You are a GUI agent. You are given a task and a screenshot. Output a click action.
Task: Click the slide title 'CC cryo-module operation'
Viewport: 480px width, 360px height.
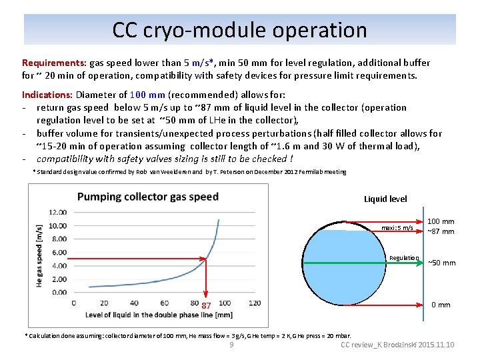click(x=239, y=30)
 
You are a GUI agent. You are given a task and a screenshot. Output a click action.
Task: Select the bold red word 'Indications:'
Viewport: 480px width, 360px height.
click(x=48, y=95)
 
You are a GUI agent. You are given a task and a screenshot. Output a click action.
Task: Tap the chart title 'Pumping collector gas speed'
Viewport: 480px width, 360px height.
click(x=147, y=197)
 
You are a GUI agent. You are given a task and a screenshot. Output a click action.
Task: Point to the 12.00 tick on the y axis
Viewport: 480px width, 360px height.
click(x=58, y=212)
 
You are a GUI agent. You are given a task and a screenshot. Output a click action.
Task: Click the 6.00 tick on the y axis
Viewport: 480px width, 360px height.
click(x=59, y=252)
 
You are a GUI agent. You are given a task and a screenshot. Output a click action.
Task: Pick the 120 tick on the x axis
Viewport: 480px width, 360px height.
click(x=255, y=303)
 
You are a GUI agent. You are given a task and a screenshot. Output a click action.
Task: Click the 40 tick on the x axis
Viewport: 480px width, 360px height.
click(x=134, y=303)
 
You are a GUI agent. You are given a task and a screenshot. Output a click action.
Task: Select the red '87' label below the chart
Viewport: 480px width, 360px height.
click(x=207, y=305)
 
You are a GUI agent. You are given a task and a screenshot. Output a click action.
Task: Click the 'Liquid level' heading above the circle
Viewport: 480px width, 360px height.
click(x=385, y=199)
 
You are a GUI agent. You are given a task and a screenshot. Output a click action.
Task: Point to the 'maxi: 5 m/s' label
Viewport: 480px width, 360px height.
click(x=397, y=228)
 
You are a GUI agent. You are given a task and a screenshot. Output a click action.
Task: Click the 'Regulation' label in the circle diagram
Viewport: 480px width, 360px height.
click(x=404, y=258)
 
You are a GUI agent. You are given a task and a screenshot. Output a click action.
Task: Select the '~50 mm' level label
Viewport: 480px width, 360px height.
click(x=441, y=263)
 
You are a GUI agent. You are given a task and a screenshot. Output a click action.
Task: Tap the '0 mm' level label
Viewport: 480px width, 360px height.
click(x=441, y=305)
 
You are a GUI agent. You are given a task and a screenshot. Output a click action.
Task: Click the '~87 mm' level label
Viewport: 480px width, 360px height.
click(x=441, y=231)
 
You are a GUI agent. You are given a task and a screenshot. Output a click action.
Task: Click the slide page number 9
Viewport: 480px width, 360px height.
click(x=231, y=345)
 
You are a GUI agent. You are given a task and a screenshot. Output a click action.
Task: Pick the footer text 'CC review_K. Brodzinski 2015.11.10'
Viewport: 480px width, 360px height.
click(x=397, y=345)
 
